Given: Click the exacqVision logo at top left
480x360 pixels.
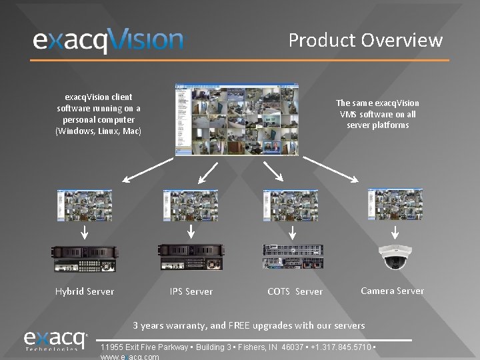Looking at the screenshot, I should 108,41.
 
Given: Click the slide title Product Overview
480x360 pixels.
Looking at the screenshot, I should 365,40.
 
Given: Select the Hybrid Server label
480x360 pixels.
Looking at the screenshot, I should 85,291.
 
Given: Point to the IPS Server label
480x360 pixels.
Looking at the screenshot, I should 191,291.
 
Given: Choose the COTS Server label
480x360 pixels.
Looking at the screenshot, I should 295,291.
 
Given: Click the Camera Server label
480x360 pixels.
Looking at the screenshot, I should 392,291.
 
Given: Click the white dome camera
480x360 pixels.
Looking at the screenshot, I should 395,257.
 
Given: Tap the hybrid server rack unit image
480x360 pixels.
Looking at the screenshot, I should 85,257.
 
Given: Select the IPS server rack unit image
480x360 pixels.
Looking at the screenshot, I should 190,257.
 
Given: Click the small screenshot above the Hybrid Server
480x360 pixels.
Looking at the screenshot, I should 85,205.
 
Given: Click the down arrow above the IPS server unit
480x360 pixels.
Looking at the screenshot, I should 191,231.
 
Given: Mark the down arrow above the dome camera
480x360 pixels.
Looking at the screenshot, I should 395,232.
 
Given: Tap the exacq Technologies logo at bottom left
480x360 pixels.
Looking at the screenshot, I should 56,341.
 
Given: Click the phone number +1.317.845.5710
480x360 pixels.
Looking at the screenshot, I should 341,347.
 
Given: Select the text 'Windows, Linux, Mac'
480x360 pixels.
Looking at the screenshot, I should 99,131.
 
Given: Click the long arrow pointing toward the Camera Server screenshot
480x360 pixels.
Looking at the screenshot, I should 331,169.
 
